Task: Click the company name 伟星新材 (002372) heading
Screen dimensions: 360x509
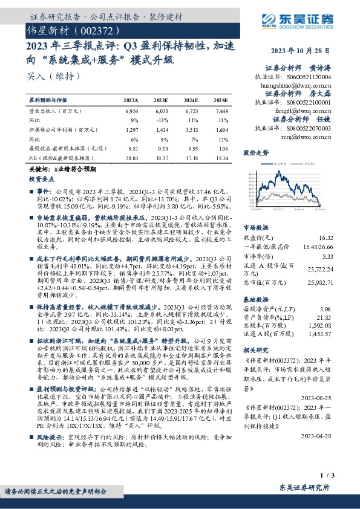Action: tap(68, 30)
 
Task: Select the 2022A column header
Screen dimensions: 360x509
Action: tap(131, 100)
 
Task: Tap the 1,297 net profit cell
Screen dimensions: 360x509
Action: tap(131, 129)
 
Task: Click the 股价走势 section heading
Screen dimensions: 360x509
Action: tap(255, 152)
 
